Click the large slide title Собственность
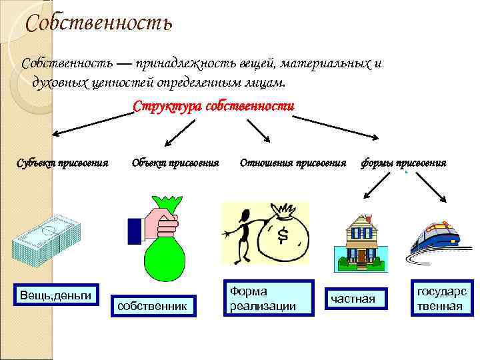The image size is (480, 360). pos(99,24)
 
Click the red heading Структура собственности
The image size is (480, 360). pos(213,106)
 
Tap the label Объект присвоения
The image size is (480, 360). pos(175,163)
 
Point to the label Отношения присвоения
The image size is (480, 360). pos(293,163)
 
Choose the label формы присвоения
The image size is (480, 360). pos(403,163)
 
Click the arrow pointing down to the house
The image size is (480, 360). pos(371,190)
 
